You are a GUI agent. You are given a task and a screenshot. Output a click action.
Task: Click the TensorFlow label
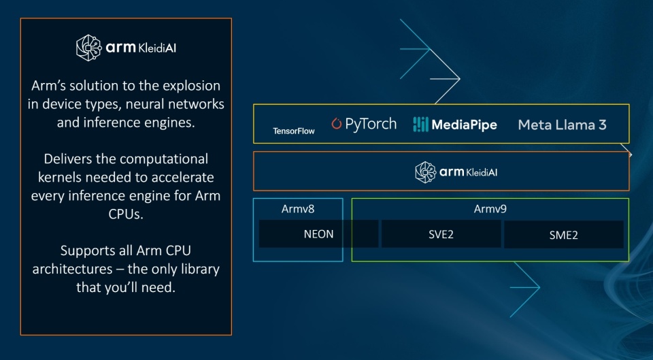[x=294, y=131]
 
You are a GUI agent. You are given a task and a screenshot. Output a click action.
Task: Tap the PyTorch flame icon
[x=337, y=124]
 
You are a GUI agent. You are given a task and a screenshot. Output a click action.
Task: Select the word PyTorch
[x=371, y=125]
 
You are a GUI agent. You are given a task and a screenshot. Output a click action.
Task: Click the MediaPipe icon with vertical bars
[x=421, y=124]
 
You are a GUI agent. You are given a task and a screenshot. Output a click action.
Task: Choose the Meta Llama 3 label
[x=562, y=125]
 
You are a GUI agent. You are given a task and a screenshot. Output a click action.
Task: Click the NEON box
[x=318, y=234]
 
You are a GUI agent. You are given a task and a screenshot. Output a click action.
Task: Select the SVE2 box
[x=440, y=234]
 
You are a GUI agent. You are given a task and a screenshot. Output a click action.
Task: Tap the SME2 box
[x=563, y=235]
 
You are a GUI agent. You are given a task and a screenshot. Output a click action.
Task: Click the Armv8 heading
[x=298, y=209]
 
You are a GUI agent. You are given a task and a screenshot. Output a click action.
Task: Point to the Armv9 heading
[x=490, y=209]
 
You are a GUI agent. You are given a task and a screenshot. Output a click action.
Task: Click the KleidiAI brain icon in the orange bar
[x=426, y=172]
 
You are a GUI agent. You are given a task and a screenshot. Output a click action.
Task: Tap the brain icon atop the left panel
[x=88, y=48]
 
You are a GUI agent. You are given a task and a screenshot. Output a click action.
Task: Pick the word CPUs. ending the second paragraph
[x=126, y=214]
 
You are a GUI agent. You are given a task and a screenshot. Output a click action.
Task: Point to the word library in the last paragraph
[x=195, y=268]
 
